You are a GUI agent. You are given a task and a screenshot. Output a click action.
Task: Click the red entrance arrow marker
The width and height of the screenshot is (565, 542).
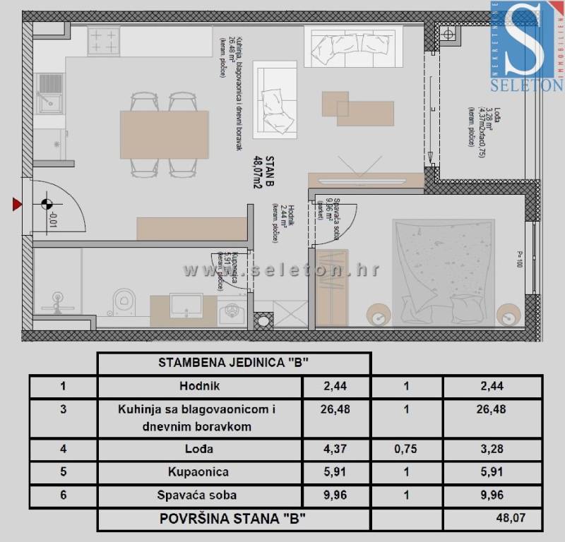[x=16, y=205]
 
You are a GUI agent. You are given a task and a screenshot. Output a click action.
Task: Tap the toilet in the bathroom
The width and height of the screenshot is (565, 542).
[x=124, y=301]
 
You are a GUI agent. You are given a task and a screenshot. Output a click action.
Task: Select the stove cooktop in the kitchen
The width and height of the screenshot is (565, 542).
[x=103, y=41]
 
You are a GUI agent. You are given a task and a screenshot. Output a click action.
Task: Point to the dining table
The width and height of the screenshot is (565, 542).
[x=164, y=134]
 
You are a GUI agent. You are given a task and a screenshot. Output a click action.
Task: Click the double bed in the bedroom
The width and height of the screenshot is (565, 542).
[x=444, y=272]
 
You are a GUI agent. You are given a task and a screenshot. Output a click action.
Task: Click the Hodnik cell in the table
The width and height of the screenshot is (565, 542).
[x=199, y=386]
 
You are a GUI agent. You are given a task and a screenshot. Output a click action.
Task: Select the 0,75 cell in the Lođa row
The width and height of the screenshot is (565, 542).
[x=406, y=450]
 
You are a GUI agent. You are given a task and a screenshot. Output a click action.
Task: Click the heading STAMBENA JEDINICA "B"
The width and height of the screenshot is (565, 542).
[x=233, y=363]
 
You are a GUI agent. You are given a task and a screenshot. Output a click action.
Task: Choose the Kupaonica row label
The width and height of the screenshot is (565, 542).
[x=199, y=472]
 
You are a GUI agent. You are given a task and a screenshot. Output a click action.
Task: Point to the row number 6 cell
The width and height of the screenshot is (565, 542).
[x=63, y=495]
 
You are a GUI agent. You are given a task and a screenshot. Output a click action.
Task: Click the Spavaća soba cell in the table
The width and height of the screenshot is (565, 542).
[x=199, y=495]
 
